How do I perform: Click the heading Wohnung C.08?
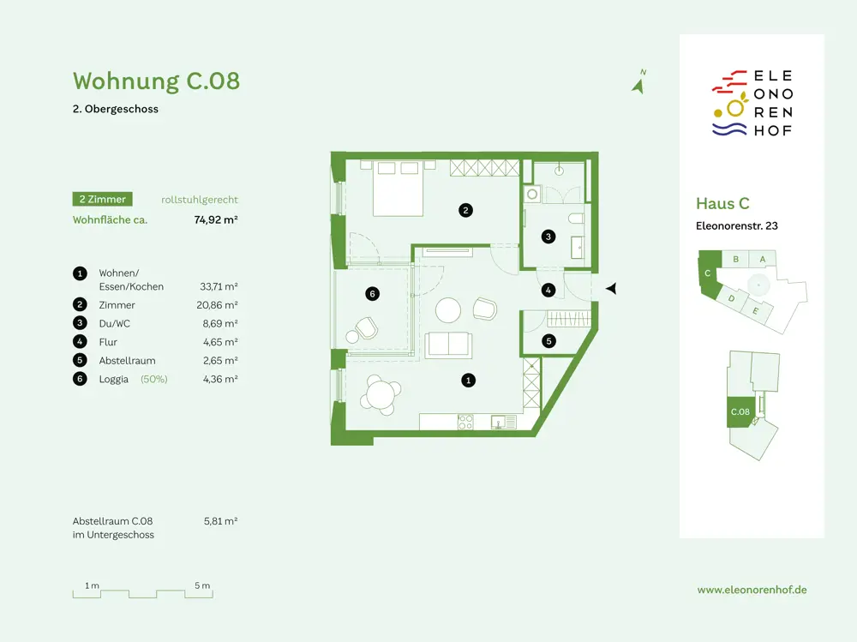pyautogui.click(x=156, y=81)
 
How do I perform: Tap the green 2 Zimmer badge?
pyautogui.click(x=102, y=199)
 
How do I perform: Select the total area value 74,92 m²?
pyautogui.click(x=216, y=219)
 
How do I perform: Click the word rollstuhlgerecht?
pyautogui.click(x=200, y=200)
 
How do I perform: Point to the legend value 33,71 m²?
pyautogui.click(x=219, y=286)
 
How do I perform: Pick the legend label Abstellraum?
pyautogui.click(x=128, y=360)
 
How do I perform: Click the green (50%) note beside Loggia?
pyautogui.click(x=154, y=379)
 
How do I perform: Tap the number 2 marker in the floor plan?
pyautogui.click(x=465, y=210)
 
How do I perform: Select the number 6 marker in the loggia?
pyautogui.click(x=372, y=294)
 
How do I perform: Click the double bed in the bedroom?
pyautogui.click(x=398, y=188)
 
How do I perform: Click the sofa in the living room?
pyautogui.click(x=448, y=345)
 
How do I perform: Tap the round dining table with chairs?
pyautogui.click(x=381, y=395)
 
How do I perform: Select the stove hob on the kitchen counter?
pyautogui.click(x=465, y=422)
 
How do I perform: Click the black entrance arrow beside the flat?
pyautogui.click(x=611, y=288)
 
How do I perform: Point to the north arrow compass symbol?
pyautogui.click(x=638, y=85)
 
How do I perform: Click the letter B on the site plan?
pyautogui.click(x=735, y=259)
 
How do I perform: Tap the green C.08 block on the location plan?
pyautogui.click(x=740, y=411)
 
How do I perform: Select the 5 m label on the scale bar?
pyautogui.click(x=202, y=585)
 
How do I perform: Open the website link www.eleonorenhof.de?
pyautogui.click(x=752, y=590)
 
